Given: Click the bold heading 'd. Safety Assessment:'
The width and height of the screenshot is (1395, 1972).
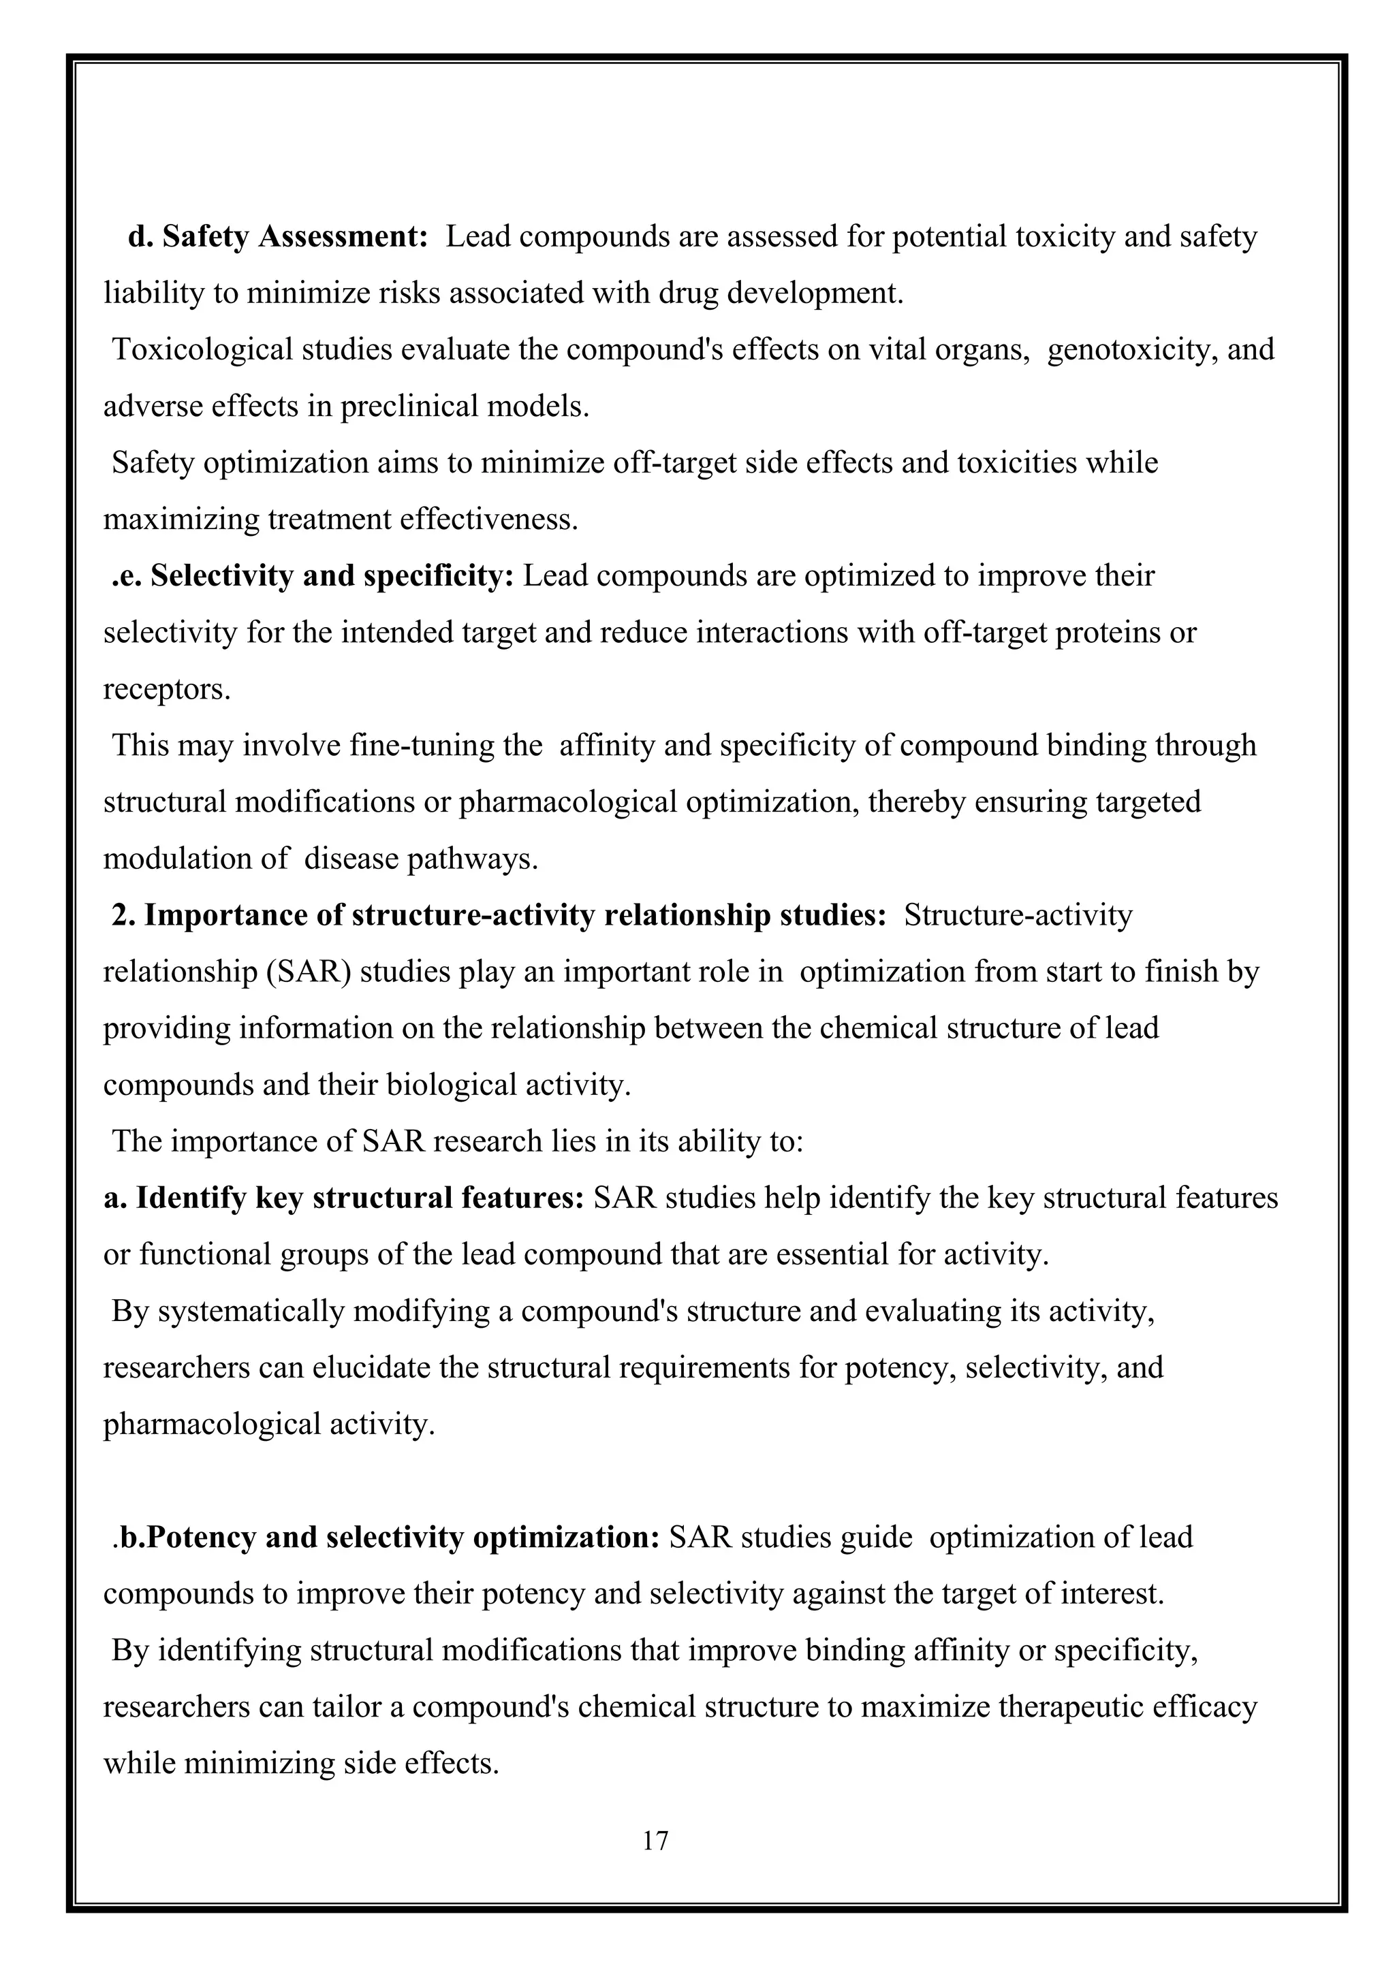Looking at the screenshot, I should (x=277, y=236).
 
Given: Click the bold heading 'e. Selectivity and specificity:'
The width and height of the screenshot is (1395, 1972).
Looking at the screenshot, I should (x=313, y=575).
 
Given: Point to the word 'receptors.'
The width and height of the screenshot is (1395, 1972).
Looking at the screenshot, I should (x=168, y=689).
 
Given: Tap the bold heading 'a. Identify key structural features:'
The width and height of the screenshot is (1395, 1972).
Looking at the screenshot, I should (x=343, y=1197).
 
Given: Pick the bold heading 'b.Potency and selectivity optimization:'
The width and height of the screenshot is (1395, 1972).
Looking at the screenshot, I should (x=386, y=1537).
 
